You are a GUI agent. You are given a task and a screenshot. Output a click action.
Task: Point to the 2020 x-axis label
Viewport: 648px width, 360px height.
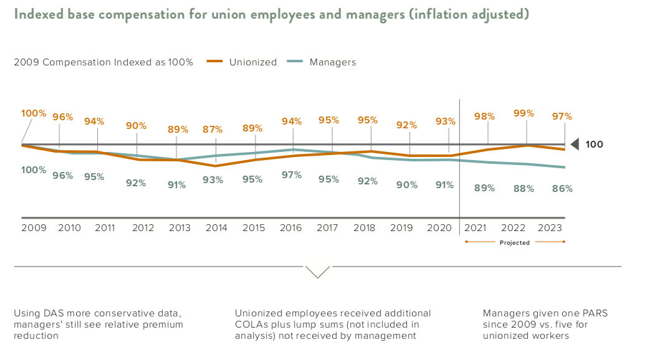pyautogui.click(x=439, y=229)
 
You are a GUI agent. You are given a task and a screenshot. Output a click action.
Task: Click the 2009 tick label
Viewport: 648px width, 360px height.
pyautogui.click(x=34, y=229)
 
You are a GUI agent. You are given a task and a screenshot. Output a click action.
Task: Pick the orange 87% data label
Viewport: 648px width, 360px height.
pyautogui.click(x=212, y=130)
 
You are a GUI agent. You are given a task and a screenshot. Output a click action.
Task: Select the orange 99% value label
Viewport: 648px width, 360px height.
pyautogui.click(x=523, y=113)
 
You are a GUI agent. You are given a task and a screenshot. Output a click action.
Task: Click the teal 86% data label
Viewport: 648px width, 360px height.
pyautogui.click(x=562, y=189)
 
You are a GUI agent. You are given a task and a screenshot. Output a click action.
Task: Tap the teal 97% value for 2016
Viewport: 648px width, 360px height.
pyautogui.click(x=292, y=175)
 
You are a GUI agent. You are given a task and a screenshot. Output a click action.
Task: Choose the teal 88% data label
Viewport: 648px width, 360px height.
pyautogui.click(x=523, y=189)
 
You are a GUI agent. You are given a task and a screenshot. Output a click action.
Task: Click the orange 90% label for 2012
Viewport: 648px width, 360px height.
pyautogui.click(x=136, y=126)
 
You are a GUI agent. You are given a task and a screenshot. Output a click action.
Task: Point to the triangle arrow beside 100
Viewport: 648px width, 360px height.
pyautogui.click(x=574, y=144)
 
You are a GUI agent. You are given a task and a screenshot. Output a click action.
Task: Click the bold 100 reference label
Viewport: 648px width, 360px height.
pyautogui.click(x=594, y=144)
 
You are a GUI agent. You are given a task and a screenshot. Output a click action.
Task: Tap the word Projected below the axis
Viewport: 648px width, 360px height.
pyautogui.click(x=515, y=243)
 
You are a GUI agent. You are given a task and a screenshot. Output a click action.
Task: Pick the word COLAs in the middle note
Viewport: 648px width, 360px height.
pyautogui.click(x=250, y=324)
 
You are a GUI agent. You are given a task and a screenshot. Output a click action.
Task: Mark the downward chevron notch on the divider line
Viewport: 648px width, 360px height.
pyautogui.click(x=318, y=272)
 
